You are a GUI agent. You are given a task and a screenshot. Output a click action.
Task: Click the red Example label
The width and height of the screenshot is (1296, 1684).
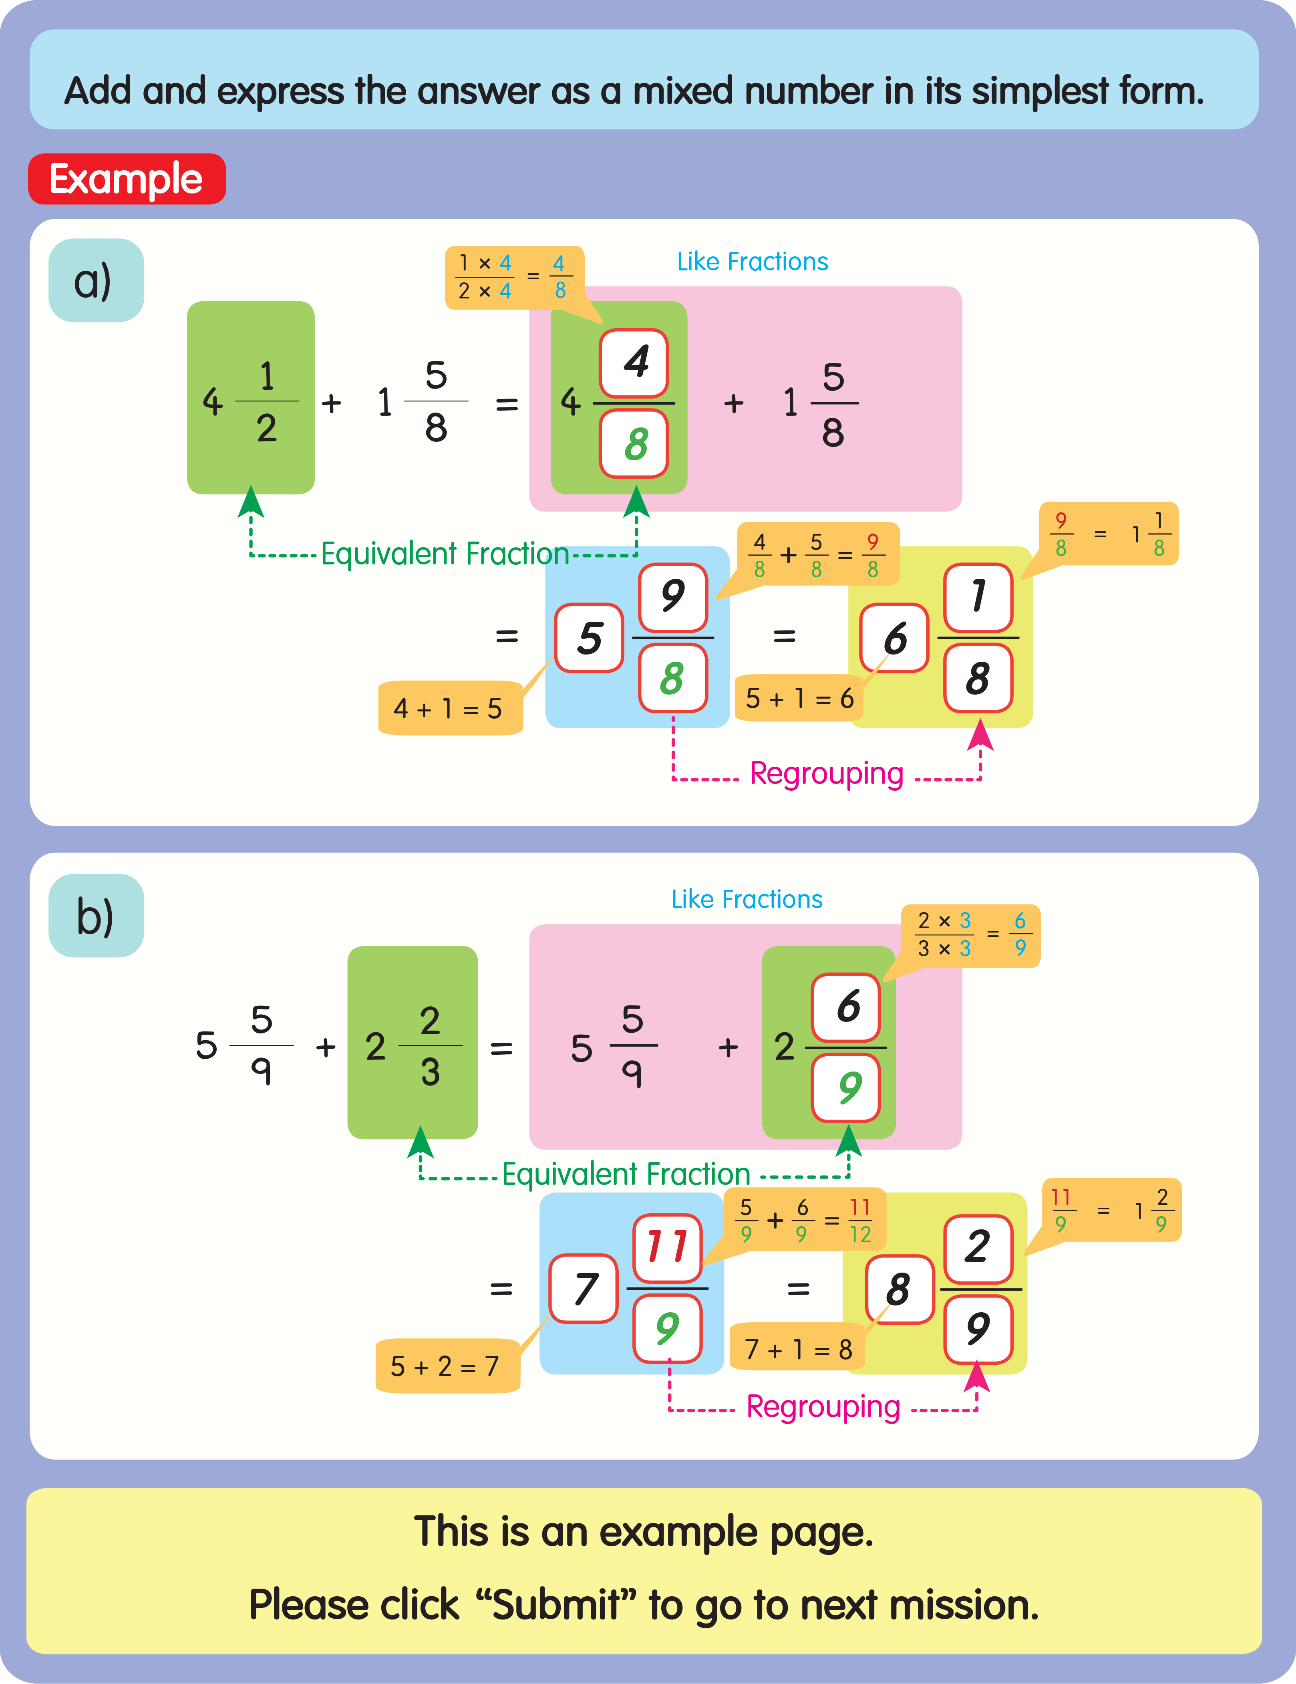(x=127, y=179)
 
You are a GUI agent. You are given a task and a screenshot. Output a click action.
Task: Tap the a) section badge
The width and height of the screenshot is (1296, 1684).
(x=96, y=281)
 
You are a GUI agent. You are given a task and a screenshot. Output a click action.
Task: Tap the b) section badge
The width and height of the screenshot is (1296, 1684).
(x=96, y=916)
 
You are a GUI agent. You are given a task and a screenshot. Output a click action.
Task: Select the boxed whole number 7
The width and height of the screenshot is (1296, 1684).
(x=584, y=1289)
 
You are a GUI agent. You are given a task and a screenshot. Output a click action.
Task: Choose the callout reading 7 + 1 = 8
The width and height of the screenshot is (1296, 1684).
(x=798, y=1349)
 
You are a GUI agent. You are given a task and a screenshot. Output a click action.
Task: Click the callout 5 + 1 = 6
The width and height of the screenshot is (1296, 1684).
(x=799, y=698)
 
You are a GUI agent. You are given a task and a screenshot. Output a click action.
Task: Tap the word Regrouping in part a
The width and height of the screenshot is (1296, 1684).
(x=827, y=774)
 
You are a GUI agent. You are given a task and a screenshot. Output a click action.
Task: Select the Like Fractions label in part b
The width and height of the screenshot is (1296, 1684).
(x=746, y=899)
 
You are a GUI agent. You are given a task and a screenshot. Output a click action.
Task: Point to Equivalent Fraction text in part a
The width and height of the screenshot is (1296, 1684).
(x=445, y=554)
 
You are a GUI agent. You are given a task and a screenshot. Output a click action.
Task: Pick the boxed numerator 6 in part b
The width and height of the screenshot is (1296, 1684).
(x=846, y=1007)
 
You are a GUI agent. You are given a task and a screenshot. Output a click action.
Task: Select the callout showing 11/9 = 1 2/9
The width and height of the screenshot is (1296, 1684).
(x=1111, y=1210)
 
